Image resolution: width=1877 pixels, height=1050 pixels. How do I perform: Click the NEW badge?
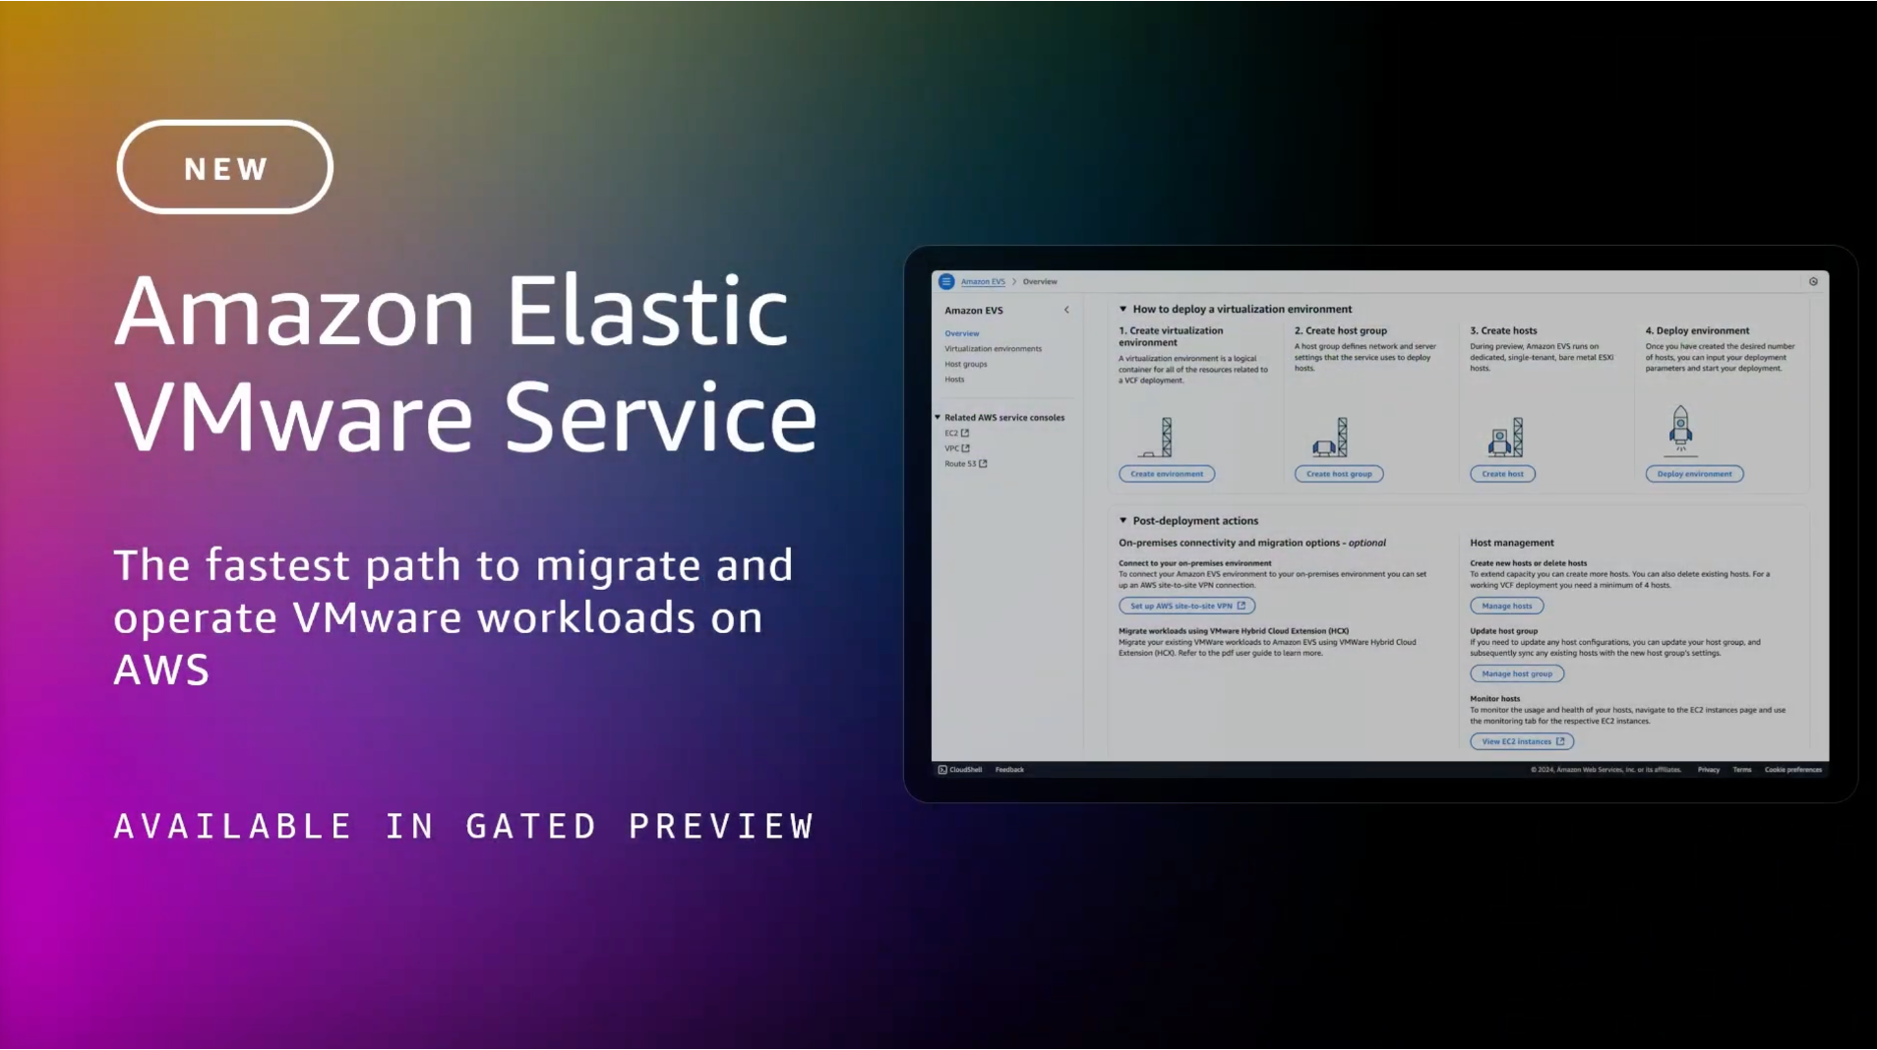224,167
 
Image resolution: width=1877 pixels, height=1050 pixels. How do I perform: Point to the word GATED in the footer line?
531,826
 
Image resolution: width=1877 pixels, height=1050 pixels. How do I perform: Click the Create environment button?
1166,474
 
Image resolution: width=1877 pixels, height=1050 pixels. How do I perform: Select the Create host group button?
1338,474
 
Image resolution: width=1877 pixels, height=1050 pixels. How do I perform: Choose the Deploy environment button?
1694,474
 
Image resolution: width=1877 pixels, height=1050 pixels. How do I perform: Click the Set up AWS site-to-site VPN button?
1186,606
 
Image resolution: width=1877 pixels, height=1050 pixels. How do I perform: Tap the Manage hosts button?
1506,606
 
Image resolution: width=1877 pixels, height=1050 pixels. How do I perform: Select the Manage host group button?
1516,673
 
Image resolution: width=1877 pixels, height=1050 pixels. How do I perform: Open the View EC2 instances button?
1521,741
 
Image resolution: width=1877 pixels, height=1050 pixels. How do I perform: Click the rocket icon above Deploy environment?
1680,429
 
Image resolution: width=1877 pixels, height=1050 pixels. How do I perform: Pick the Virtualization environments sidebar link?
993,349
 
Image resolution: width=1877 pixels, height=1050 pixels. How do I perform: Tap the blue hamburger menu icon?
946,281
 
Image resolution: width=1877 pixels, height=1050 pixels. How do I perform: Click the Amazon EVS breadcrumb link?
983,281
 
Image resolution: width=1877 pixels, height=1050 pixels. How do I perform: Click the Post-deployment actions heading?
1194,521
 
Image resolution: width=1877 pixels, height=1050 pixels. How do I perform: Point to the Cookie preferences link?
1792,770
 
